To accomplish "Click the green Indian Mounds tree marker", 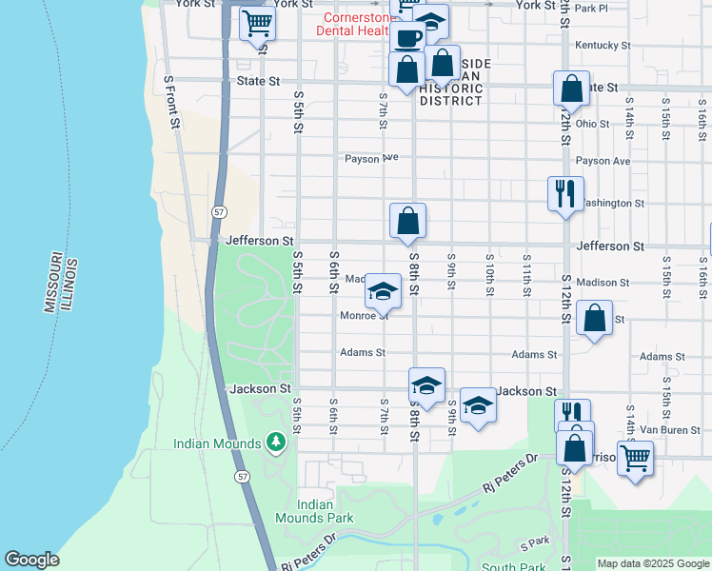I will coord(276,443).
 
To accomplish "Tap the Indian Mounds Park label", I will coord(313,511).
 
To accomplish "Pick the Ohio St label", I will coord(591,123).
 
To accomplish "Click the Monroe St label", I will coord(364,316).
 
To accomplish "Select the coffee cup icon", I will coord(407,38).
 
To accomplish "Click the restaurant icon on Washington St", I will coord(565,194).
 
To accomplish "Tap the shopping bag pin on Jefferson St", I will coord(407,222).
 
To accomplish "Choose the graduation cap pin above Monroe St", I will coord(383,291).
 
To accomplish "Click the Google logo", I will coord(31,560).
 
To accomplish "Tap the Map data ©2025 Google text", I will coord(652,563).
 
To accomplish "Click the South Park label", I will coord(512,567).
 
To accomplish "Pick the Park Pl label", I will coord(591,9).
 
